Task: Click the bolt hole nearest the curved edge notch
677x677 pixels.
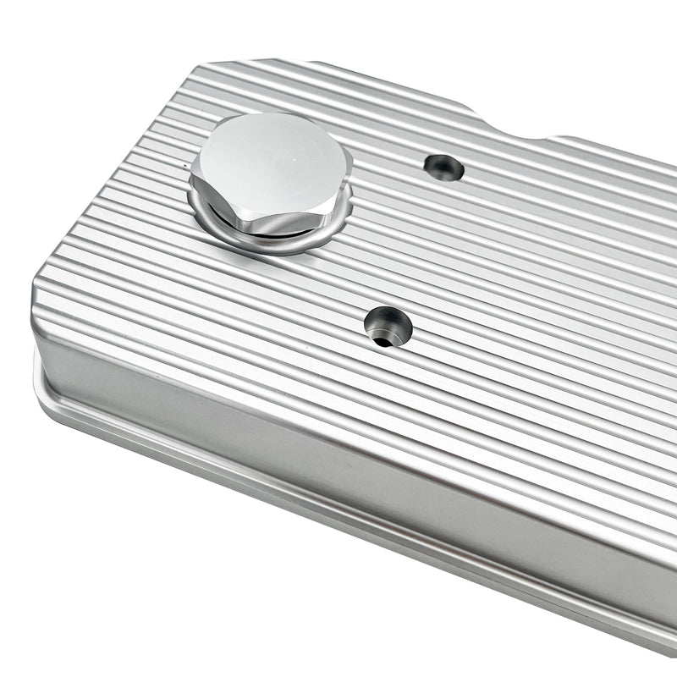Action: pos(444,167)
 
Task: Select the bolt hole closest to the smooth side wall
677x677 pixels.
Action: pos(388,325)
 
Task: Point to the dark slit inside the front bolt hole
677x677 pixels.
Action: pos(383,341)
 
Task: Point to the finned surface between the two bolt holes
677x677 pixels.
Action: pos(415,245)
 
